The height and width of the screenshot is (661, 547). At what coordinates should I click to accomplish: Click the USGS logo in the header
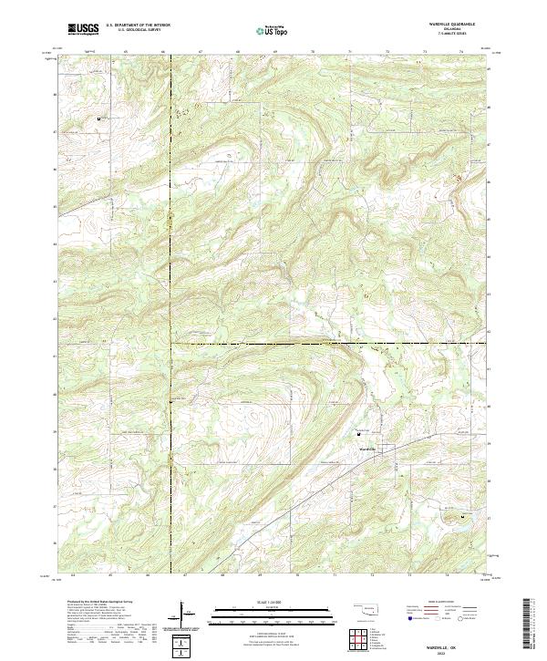point(83,28)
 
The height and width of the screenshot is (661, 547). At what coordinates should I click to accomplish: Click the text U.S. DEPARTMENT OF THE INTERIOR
point(138,26)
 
